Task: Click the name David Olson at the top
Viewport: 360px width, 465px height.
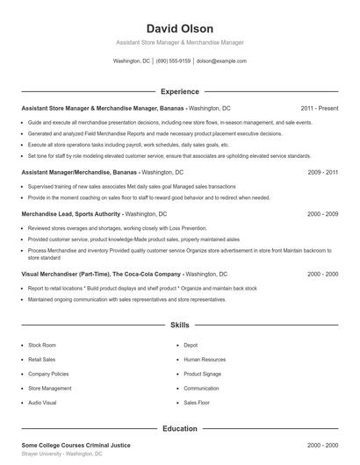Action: [179, 28]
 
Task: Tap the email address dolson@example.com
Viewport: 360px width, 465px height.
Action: [221, 61]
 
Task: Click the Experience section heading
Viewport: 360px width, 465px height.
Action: [179, 91]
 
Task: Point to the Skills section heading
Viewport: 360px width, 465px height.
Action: [179, 325]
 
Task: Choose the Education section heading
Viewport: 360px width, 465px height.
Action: [179, 429]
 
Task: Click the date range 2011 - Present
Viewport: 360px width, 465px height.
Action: [319, 108]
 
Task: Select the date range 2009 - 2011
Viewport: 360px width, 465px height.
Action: [322, 173]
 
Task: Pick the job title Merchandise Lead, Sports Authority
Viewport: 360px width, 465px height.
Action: [71, 213]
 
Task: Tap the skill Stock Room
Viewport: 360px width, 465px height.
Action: [42, 345]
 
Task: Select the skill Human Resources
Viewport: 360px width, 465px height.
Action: [205, 359]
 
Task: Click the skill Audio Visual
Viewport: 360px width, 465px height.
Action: [43, 402]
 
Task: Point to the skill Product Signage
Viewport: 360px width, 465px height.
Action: [203, 374]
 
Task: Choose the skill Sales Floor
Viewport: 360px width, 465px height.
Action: [197, 402]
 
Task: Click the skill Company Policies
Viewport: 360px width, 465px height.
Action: [48, 374]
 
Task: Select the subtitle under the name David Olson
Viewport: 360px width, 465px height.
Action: [179, 42]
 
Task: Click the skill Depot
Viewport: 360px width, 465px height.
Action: [191, 345]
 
